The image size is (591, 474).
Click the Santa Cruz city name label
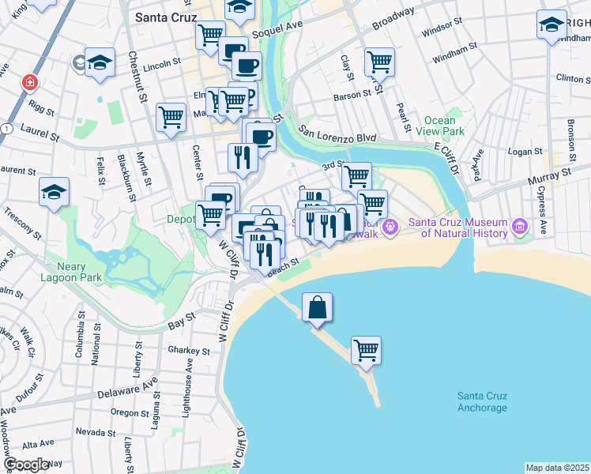pyautogui.click(x=165, y=17)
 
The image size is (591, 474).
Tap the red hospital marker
pyautogui.click(x=29, y=82)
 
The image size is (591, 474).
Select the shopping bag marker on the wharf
pyautogui.click(x=317, y=308)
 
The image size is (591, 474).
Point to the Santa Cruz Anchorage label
pyautogui.click(x=482, y=402)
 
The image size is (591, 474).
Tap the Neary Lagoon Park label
pyautogui.click(x=78, y=273)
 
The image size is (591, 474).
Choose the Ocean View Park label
pyautogui.click(x=444, y=126)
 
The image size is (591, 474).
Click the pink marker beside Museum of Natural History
pyautogui.click(x=519, y=228)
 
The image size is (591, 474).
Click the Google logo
pyautogui.click(x=25, y=465)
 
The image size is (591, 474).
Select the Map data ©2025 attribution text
pyautogui.click(x=557, y=468)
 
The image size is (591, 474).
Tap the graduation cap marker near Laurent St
pyautogui.click(x=55, y=192)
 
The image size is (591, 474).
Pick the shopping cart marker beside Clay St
pyautogui.click(x=380, y=62)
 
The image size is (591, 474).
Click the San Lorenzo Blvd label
pyautogui.click(x=337, y=134)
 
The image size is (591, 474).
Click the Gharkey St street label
pyautogui.click(x=188, y=351)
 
